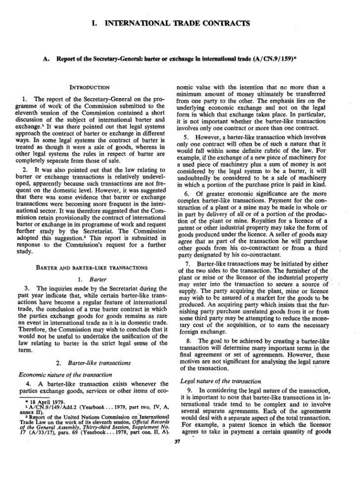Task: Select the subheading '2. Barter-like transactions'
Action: coord(92,363)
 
